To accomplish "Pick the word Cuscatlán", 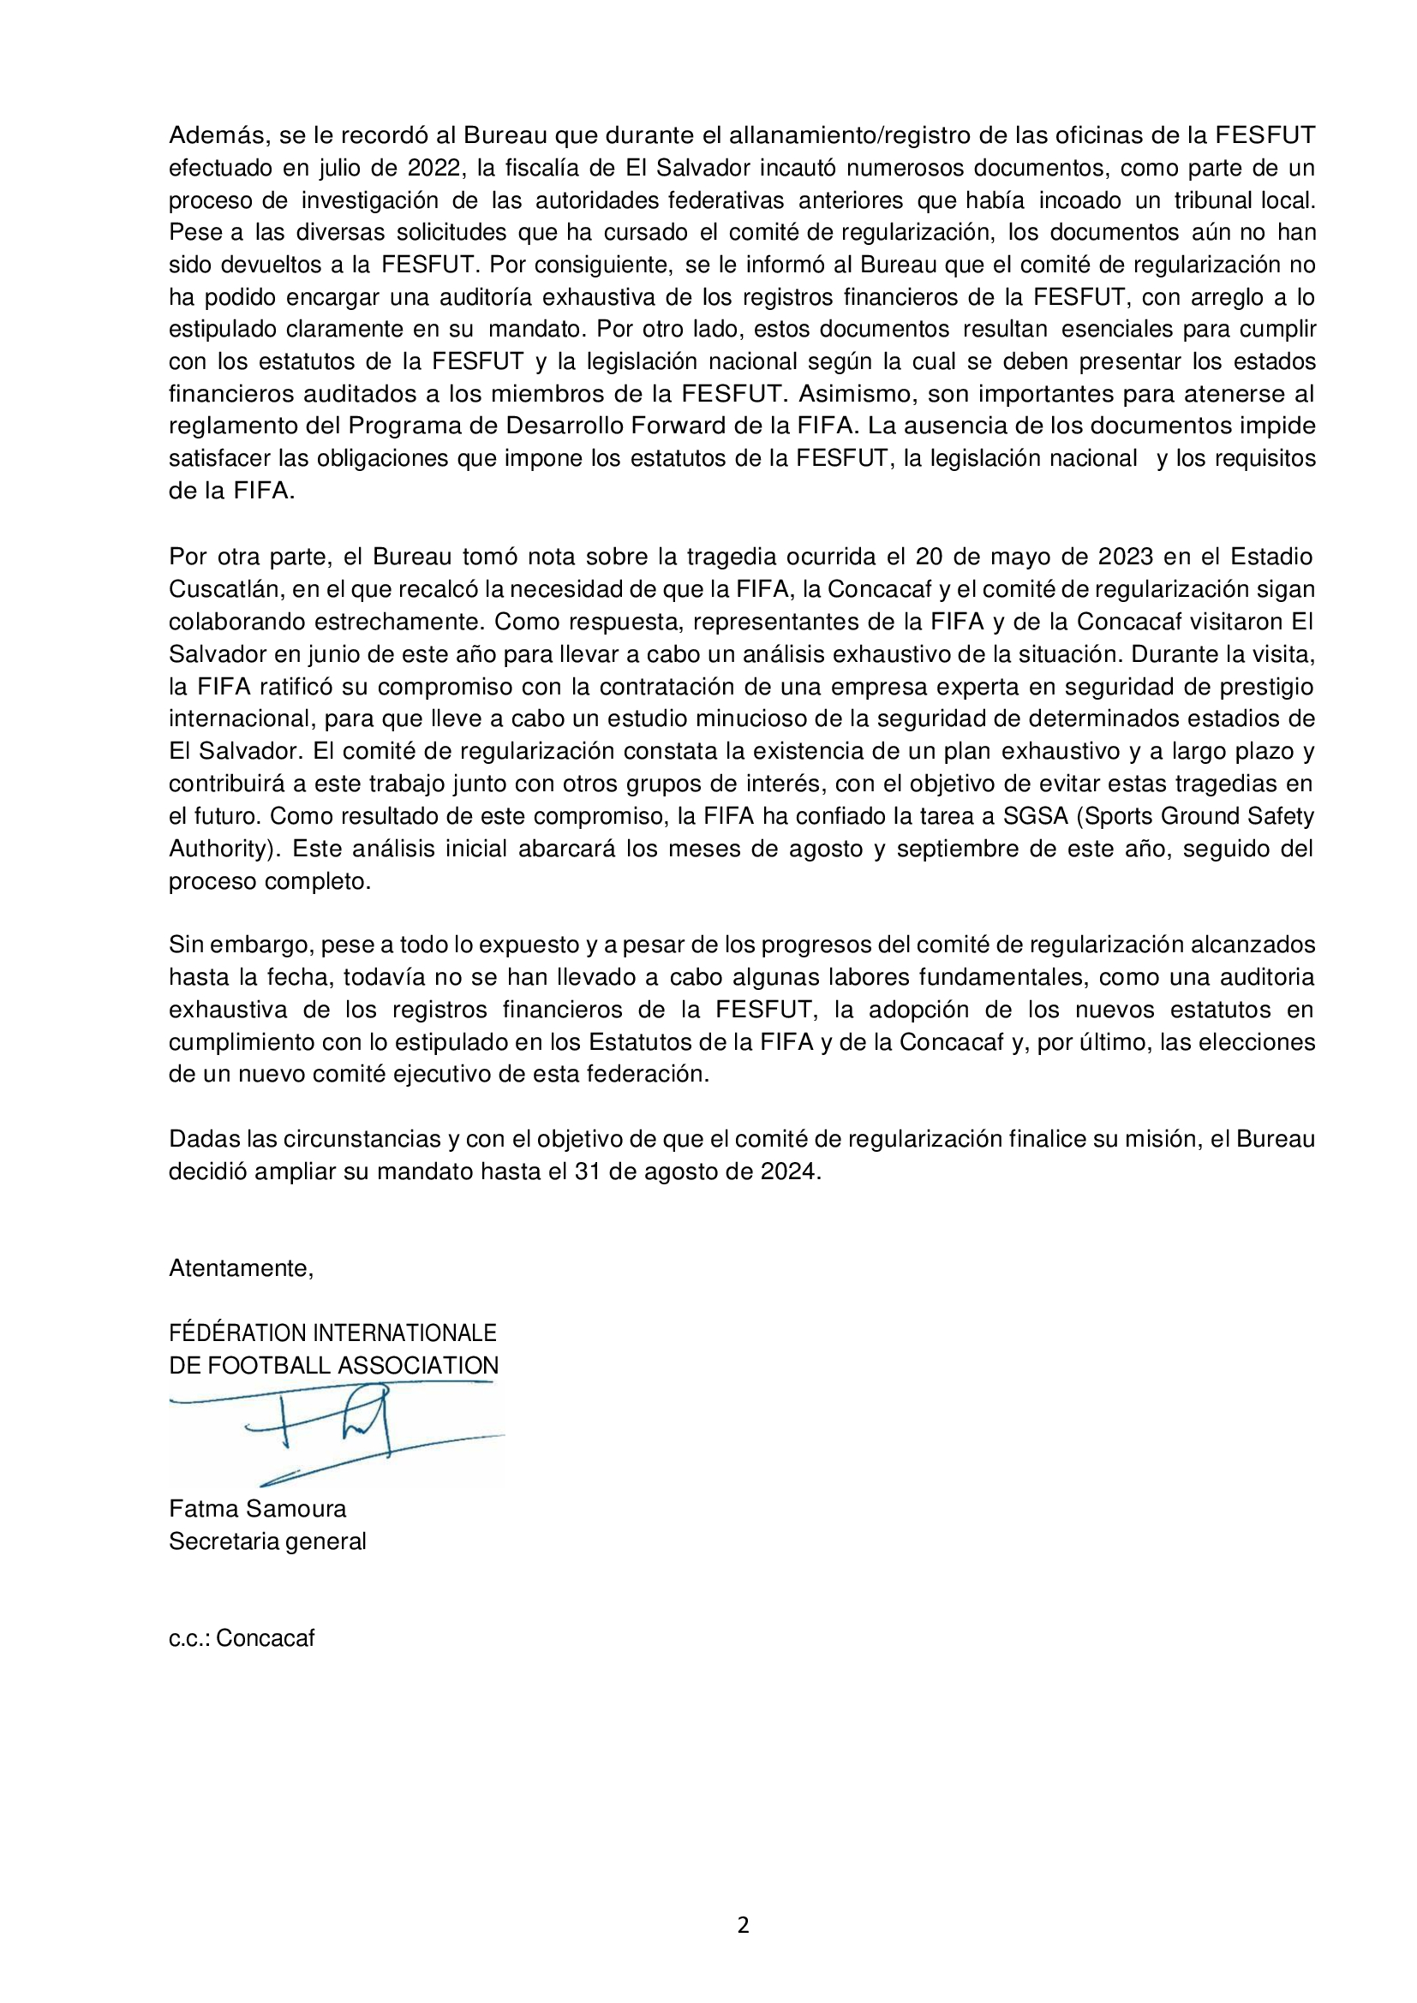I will (224, 589).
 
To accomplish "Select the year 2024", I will (789, 1171).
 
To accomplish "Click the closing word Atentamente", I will (241, 1268).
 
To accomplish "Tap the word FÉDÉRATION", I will (237, 1333).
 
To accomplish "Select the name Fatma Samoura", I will (257, 1508).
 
